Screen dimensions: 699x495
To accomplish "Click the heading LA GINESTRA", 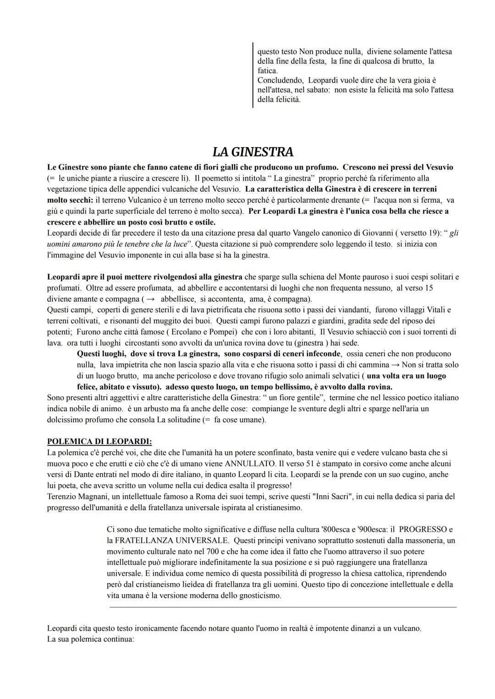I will (253, 152).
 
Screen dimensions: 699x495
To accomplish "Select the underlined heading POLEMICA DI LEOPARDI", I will (99, 441).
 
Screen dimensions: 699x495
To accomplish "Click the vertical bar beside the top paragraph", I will (253, 75).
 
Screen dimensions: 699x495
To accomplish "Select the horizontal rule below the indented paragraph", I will (283, 607).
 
